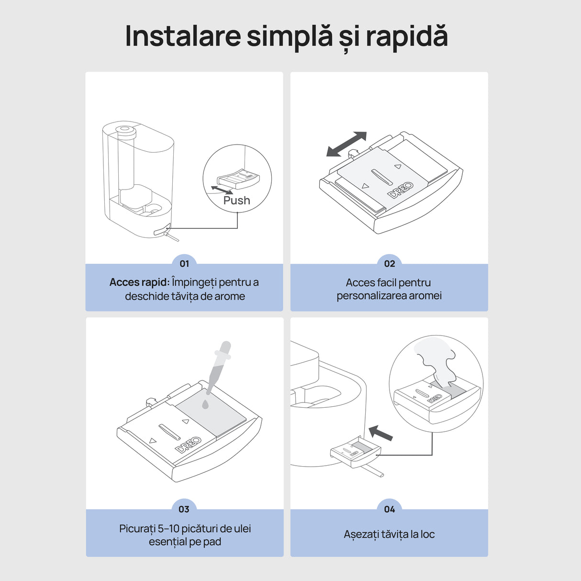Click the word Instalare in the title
[182, 36]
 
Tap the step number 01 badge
[184, 264]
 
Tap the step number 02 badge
[390, 264]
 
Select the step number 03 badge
[184, 509]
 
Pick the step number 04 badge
[390, 509]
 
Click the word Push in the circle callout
[237, 201]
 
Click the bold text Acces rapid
[139, 282]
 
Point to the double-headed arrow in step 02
[346, 144]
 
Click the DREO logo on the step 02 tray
[401, 190]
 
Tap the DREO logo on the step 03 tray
[189, 445]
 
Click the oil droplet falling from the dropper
[205, 404]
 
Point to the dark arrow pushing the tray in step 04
[381, 433]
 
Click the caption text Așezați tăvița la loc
[389, 534]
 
